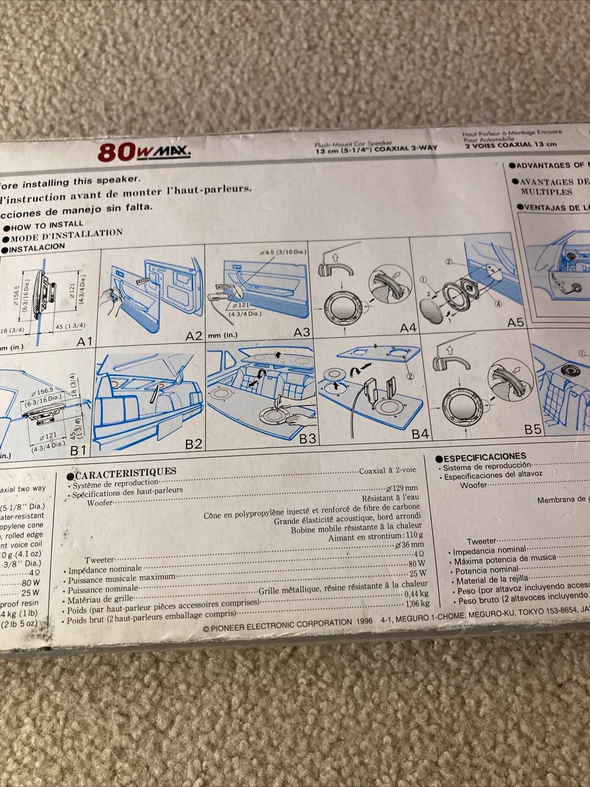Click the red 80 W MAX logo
(x=144, y=152)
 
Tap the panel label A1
(x=84, y=341)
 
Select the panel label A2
(x=194, y=336)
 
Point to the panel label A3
(x=302, y=333)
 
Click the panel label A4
(x=408, y=328)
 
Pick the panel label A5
(x=516, y=323)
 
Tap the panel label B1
(x=79, y=450)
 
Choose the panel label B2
(x=193, y=444)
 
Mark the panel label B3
(x=308, y=439)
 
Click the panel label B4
(x=420, y=434)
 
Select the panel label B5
(x=532, y=429)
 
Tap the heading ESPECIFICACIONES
(x=485, y=457)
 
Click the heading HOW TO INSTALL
(x=47, y=226)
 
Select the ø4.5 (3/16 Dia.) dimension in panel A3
(x=283, y=252)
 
